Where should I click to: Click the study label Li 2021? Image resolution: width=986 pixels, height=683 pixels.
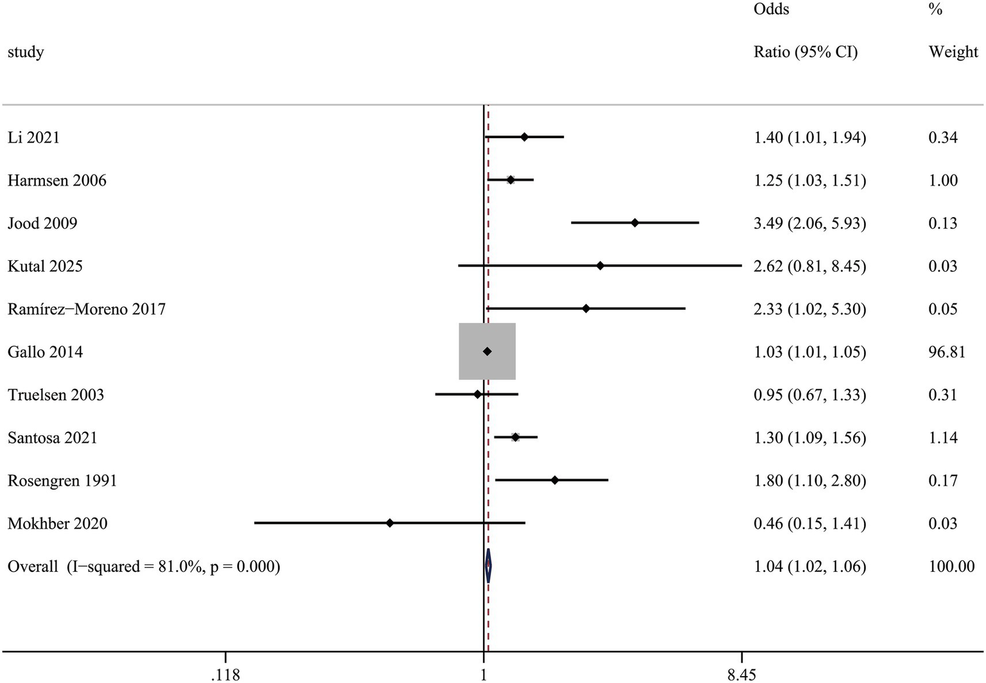(x=33, y=137)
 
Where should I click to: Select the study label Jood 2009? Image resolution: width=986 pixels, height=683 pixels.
(x=42, y=224)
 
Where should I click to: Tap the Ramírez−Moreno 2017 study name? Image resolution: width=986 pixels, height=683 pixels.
(x=86, y=309)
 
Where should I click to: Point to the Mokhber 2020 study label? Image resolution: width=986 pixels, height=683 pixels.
(x=57, y=524)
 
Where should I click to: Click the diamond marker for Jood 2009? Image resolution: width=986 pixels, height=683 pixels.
(x=635, y=223)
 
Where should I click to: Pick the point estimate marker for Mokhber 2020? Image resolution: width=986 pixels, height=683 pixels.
(x=389, y=523)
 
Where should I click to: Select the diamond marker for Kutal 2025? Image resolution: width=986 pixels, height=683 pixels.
(x=600, y=266)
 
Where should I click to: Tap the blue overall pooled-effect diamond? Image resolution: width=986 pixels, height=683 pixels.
(x=488, y=566)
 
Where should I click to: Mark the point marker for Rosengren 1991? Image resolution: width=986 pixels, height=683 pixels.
(x=554, y=480)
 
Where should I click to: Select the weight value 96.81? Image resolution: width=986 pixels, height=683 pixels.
(x=946, y=352)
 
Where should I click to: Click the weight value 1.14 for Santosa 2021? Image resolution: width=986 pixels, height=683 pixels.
(x=942, y=438)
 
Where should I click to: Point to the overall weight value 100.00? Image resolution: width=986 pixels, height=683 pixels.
(x=951, y=567)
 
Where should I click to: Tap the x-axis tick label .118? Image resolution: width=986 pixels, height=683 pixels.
(x=225, y=674)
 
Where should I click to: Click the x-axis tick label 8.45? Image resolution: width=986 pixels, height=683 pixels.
(x=741, y=674)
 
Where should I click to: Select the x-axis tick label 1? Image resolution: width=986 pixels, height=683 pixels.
(x=484, y=674)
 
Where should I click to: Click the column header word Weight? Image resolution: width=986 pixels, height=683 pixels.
(x=953, y=52)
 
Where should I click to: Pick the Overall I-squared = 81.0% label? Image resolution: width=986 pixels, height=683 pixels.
(x=143, y=567)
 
